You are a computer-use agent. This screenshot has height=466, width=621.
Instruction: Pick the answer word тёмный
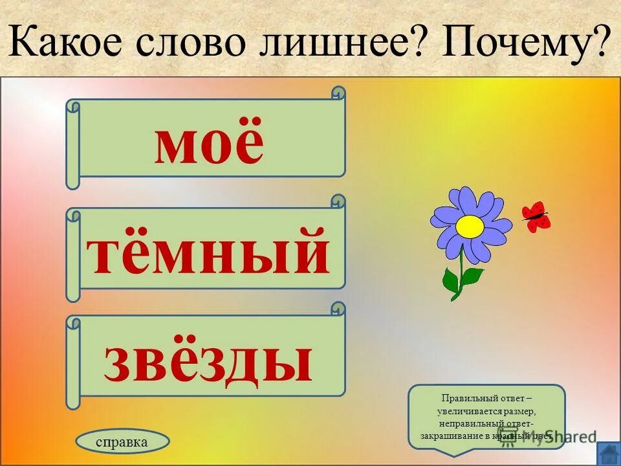(x=208, y=252)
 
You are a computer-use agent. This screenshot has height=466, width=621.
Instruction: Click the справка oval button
(x=122, y=442)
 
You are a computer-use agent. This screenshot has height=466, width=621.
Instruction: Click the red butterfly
(x=536, y=216)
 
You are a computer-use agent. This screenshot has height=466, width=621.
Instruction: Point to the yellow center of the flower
(x=470, y=226)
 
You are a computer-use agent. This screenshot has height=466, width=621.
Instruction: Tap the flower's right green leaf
(x=473, y=276)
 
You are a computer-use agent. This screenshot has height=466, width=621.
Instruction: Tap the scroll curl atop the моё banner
(x=338, y=94)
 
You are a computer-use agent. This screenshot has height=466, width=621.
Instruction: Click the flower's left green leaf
(x=451, y=280)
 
